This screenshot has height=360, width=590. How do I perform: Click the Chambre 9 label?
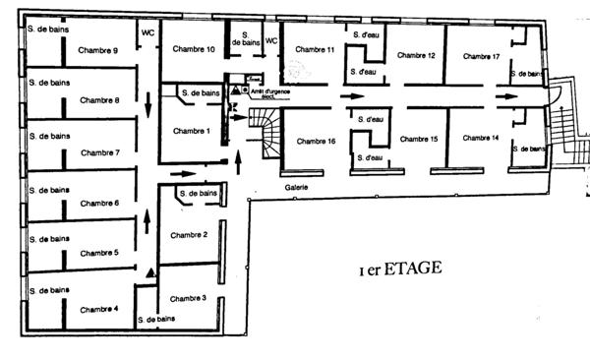tap(101, 51)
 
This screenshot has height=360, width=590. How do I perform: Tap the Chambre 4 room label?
tap(99, 309)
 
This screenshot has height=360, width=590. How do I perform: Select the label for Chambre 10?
tap(193, 49)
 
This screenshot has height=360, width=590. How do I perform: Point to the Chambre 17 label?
tap(483, 56)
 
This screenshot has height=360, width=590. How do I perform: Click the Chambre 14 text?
tap(483, 138)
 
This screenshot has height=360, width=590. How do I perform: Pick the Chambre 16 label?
tap(316, 142)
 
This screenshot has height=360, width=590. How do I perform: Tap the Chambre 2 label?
tap(190, 234)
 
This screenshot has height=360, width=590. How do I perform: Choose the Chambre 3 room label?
tap(190, 298)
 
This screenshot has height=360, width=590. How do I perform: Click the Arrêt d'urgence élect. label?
tap(266, 94)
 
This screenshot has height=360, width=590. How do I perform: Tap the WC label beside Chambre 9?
tap(147, 31)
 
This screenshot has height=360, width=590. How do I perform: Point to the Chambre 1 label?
tap(190, 131)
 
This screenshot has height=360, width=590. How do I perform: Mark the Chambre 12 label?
tap(417, 55)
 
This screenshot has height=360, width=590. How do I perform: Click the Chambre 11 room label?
tap(315, 50)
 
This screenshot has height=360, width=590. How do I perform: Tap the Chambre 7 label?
tap(100, 152)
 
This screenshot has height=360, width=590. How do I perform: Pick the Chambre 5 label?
tap(99, 253)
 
